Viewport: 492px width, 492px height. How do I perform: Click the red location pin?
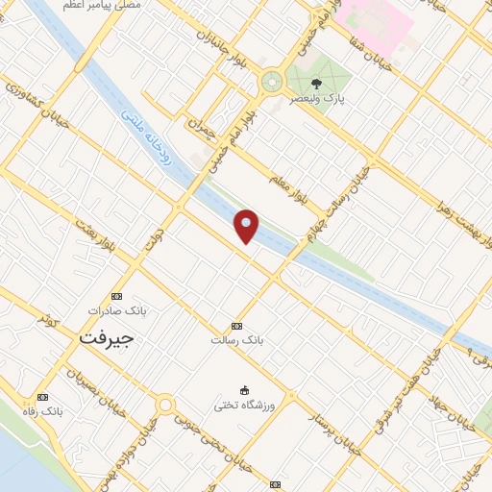(x=247, y=226)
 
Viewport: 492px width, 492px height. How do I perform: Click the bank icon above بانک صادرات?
(x=117, y=296)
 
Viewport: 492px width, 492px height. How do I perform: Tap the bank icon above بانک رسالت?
(x=237, y=327)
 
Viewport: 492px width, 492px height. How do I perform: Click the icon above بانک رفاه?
(x=41, y=396)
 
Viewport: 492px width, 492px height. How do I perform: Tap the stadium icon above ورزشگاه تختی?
(x=244, y=390)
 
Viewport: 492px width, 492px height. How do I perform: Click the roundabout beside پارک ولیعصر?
(x=272, y=82)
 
